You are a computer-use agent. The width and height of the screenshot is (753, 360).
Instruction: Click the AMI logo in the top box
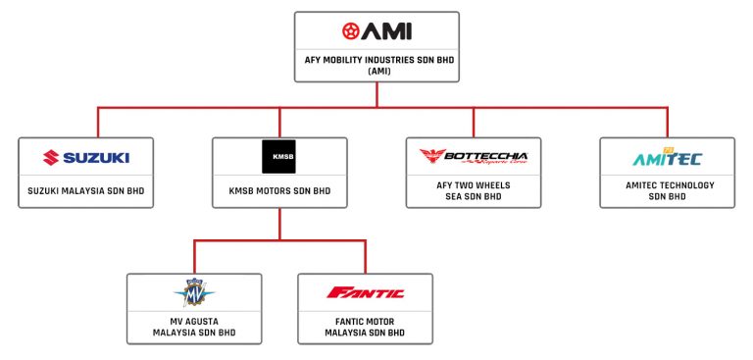pyautogui.click(x=376, y=32)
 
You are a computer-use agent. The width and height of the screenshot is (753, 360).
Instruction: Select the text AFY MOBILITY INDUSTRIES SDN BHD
pyautogui.click(x=376, y=60)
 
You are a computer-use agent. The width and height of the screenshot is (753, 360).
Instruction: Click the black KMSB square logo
pyautogui.click(x=280, y=157)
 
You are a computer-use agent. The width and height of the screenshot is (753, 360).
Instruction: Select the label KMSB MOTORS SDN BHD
pyautogui.click(x=280, y=190)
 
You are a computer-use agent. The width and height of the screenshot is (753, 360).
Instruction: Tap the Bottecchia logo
pyautogui.click(x=473, y=157)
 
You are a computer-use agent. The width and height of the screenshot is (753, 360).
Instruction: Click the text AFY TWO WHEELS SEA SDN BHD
pyautogui.click(x=473, y=190)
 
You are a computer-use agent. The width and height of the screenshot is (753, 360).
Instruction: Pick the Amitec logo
pyautogui.click(x=667, y=157)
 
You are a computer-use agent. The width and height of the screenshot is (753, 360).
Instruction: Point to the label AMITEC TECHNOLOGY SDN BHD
pyautogui.click(x=667, y=190)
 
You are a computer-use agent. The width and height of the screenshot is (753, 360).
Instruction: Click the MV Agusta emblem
pyautogui.click(x=194, y=292)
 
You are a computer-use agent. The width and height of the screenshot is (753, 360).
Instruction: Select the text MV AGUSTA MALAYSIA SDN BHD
pyautogui.click(x=194, y=327)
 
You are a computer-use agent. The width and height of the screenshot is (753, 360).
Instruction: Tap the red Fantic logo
pyautogui.click(x=365, y=292)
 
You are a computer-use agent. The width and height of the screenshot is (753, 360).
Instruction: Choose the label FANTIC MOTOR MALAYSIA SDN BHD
pyautogui.click(x=365, y=327)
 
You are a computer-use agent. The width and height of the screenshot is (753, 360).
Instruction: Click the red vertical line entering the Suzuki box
pyautogui.click(x=98, y=123)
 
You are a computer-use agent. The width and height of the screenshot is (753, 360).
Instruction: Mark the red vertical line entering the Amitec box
pyautogui.click(x=667, y=123)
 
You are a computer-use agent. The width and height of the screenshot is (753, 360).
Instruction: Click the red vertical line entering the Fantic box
pyautogui.click(x=365, y=257)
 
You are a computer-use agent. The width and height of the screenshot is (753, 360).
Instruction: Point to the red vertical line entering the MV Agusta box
pyautogui.click(x=194, y=257)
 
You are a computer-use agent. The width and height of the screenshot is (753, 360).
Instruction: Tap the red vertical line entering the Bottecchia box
pyautogui.click(x=473, y=123)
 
